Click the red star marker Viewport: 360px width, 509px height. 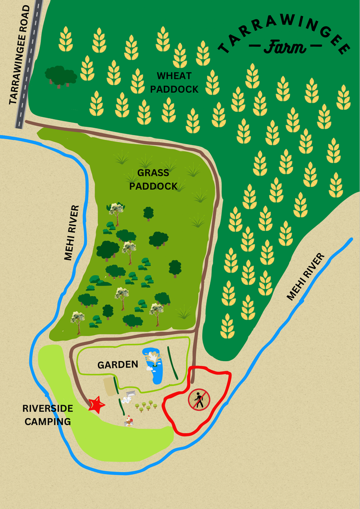click(96, 405)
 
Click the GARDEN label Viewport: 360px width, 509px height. click(118, 365)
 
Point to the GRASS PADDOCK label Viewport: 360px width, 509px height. click(154, 179)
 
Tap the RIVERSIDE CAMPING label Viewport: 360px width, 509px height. click(48, 415)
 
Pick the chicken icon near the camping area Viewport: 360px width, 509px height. click(128, 422)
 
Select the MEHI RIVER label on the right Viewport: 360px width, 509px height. click(305, 277)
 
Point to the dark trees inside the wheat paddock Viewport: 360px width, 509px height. click(60, 76)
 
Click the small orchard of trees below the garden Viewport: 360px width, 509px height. click(146, 406)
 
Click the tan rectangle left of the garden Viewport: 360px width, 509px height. click(110, 387)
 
